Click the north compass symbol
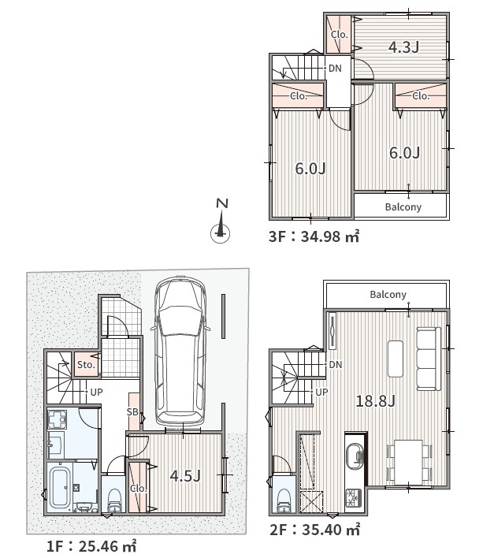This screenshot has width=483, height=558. pyautogui.click(x=221, y=221)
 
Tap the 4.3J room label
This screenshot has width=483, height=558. pyautogui.click(x=403, y=46)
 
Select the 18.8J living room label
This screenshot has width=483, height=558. pyautogui.click(x=376, y=401)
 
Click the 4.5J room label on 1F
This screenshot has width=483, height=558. pyautogui.click(x=185, y=475)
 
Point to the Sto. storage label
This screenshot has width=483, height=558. pyautogui.click(x=86, y=365)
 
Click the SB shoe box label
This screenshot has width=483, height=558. pyautogui.click(x=132, y=411)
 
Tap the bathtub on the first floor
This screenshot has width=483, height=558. pyautogui.click(x=61, y=487)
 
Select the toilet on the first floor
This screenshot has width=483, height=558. pyautogui.click(x=114, y=500)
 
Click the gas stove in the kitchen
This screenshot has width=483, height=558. pyautogui.click(x=354, y=498)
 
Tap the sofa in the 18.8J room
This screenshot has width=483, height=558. pyautogui.click(x=429, y=359)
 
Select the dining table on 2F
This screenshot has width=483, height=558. pyautogui.click(x=408, y=462)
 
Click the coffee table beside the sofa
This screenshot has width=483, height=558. pyautogui.click(x=396, y=359)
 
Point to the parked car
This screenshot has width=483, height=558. pyautogui.click(x=180, y=352)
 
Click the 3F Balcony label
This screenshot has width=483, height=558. pyautogui.click(x=403, y=206)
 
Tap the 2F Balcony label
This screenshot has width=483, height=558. pyautogui.click(x=388, y=294)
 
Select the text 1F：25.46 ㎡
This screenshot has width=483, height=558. pyautogui.click(x=91, y=545)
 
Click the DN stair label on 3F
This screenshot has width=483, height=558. pyautogui.click(x=335, y=68)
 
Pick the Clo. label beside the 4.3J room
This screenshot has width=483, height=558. pyautogui.click(x=339, y=35)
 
